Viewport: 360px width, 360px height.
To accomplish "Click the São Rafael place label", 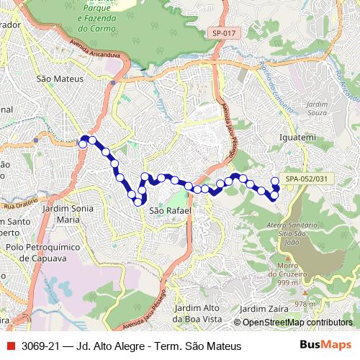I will (170, 210).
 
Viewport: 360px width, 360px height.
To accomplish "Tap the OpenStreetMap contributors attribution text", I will (297, 323).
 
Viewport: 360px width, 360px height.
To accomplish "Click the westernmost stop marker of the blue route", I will (83, 144).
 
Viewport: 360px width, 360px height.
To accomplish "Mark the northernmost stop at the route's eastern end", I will (274, 181).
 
